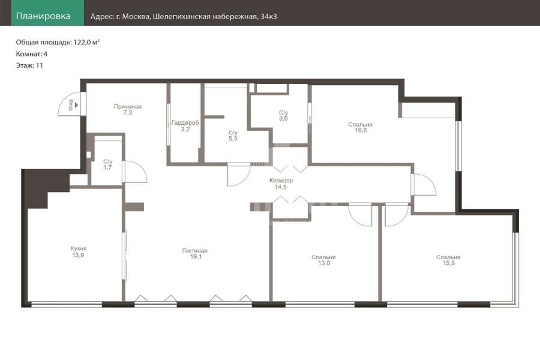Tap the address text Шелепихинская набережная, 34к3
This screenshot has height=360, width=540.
215,17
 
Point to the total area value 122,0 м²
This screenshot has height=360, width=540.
86,43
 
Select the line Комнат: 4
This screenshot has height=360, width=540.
32,54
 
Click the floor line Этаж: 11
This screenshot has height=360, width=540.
29,65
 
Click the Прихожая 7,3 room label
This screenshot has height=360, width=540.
128,110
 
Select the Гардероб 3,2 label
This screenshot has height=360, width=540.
185,126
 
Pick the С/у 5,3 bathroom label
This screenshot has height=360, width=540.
233,136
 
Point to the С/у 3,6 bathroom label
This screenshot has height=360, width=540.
283,115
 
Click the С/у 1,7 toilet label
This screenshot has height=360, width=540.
108,164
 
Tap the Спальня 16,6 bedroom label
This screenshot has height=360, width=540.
360,127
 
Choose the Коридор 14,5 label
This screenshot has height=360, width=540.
281,184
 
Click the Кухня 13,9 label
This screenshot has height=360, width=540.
79,251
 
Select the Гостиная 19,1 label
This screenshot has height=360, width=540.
195,254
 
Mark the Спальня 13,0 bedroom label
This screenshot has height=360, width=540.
323,260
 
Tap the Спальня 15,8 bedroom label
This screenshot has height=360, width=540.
448,260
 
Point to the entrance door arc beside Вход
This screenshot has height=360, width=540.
62,101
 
